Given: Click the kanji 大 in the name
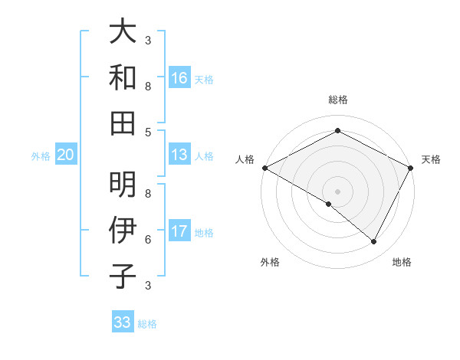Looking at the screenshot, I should pos(123,31).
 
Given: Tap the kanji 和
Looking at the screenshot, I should pos(123,77).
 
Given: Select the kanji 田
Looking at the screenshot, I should pos(123,123).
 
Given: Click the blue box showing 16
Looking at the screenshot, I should pos(179,78).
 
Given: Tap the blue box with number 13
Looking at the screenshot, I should pos(179,155).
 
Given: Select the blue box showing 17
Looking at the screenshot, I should pos(179,232).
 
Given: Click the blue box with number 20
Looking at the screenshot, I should pos(65,155).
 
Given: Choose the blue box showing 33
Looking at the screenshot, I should pos(123,322).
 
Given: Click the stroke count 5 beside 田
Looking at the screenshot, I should pos(148,132).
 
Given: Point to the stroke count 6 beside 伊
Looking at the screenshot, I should pos(148,239).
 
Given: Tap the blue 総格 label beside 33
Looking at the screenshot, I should pos(147,324).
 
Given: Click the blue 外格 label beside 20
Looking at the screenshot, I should pos(41,156).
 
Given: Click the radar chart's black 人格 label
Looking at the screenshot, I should pos(245,159).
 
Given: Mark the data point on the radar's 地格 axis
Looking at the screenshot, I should pos(374,242).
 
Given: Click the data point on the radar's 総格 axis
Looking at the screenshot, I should pos(337,131).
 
